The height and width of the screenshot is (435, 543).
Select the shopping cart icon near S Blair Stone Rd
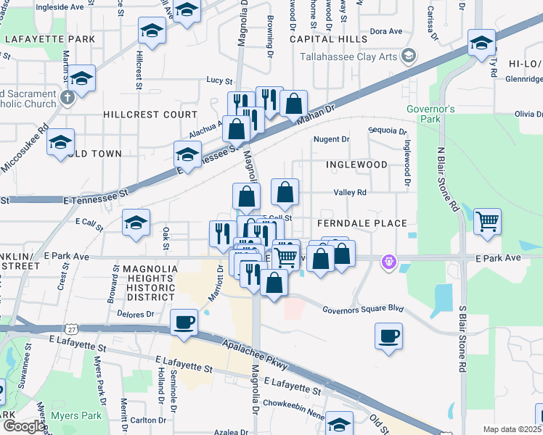488,220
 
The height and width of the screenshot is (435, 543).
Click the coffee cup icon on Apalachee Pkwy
184,322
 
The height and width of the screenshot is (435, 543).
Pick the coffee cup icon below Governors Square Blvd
389,336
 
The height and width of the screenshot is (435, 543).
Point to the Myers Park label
76,415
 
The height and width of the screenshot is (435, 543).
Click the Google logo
24,426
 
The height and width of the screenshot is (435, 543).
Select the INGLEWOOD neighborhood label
356,165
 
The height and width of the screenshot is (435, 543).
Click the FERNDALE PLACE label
361,223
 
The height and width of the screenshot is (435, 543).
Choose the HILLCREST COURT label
150,115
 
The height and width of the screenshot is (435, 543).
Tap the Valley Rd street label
350,193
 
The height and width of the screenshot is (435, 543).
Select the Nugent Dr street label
331,139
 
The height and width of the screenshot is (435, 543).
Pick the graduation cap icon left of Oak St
136,223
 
